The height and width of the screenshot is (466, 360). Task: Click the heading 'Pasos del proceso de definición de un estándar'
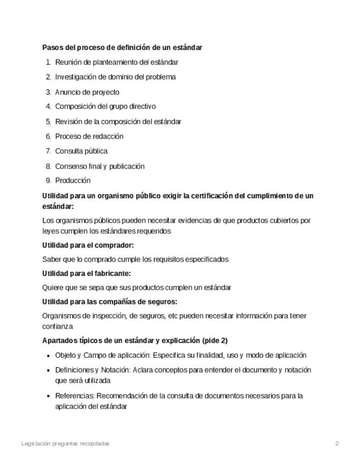pyautogui.click(x=122, y=47)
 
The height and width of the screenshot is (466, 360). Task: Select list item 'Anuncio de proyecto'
pyautogui.click(x=87, y=92)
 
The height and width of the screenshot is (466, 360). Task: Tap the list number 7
pyautogui.click(x=48, y=151)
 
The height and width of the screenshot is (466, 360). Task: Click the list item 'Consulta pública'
pyautogui.click(x=81, y=151)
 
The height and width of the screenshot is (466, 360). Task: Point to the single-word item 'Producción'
pyautogui.click(x=73, y=180)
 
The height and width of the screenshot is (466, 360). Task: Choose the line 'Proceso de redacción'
pyautogui.click(x=89, y=136)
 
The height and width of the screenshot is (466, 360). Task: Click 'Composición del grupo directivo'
pyautogui.click(x=105, y=107)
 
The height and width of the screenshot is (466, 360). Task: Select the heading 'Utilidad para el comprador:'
pyautogui.click(x=88, y=245)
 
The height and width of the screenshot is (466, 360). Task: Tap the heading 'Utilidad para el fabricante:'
pyautogui.click(x=86, y=273)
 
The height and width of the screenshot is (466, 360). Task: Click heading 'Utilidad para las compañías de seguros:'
pyautogui.click(x=109, y=301)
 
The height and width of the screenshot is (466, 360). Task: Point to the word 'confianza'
pyautogui.click(x=57, y=326)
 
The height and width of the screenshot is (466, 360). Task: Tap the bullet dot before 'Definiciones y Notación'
pyautogui.click(x=49, y=370)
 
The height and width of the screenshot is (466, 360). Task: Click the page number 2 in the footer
pyautogui.click(x=337, y=443)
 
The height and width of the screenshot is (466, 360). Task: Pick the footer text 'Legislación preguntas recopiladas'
pyautogui.click(x=65, y=443)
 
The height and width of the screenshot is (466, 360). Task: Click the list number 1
pyautogui.click(x=48, y=63)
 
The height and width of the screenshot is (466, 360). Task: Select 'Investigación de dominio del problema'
pyautogui.click(x=115, y=77)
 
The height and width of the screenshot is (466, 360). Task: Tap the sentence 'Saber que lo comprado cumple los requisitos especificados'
pyautogui.click(x=135, y=259)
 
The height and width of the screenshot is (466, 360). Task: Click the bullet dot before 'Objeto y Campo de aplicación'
pyautogui.click(x=49, y=356)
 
